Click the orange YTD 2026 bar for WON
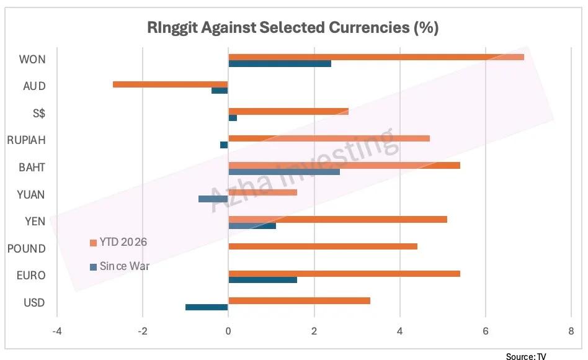[376, 56]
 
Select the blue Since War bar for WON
[280, 63]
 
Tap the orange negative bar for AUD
[171, 84]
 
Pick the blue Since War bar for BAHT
[284, 171]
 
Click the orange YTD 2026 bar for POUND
[323, 246]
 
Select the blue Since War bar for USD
[207, 307]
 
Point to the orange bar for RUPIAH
[329, 138]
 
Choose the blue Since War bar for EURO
[262, 280]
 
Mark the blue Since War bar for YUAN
[213, 199]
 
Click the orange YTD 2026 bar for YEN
[337, 219]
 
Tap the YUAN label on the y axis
[30, 194]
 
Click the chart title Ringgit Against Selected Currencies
[293, 28]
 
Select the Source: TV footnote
[530, 356]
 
